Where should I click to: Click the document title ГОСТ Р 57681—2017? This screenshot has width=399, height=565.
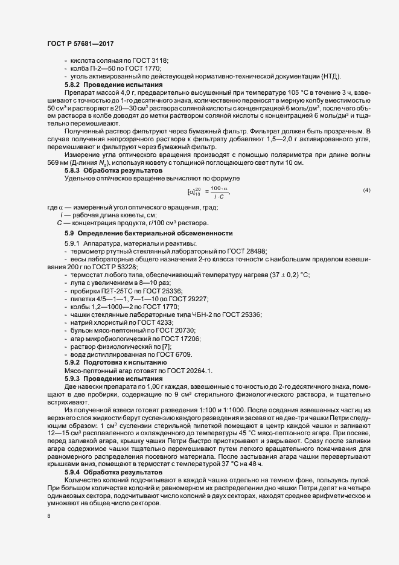[80, 44]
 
